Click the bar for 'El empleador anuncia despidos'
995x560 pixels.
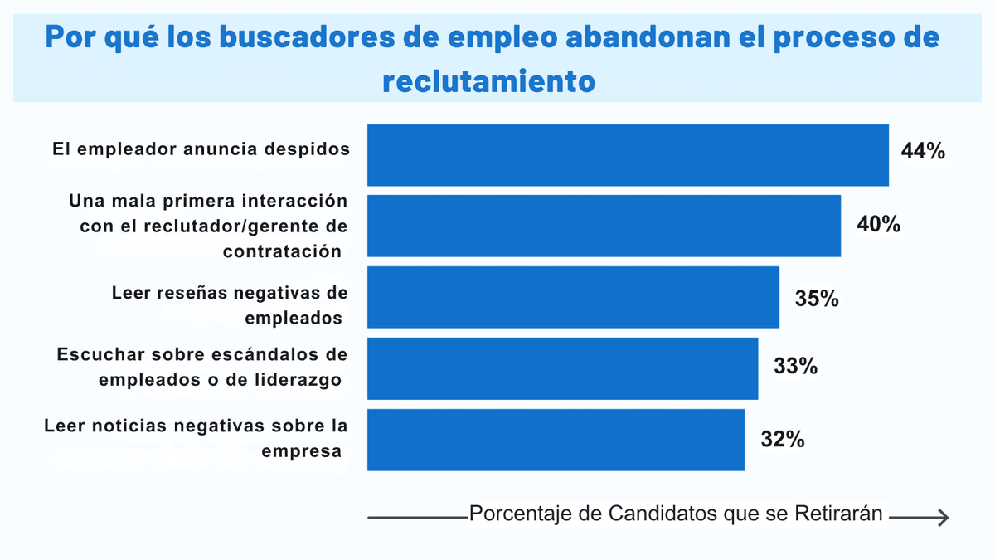(x=628, y=155)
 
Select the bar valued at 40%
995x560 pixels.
(x=604, y=226)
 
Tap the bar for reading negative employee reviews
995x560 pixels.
(x=573, y=297)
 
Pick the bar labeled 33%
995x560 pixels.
(x=562, y=368)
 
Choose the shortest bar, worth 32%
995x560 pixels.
(x=556, y=440)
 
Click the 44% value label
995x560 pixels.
(x=923, y=152)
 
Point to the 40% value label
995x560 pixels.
(x=879, y=224)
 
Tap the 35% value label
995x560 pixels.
(x=817, y=298)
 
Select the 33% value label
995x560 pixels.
(x=796, y=366)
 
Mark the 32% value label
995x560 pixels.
(x=783, y=440)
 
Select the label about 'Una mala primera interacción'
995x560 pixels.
(x=208, y=226)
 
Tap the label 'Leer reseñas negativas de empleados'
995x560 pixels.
(x=230, y=304)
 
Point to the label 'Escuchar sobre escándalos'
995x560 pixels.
(x=202, y=366)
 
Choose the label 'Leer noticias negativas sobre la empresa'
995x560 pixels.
(x=196, y=438)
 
